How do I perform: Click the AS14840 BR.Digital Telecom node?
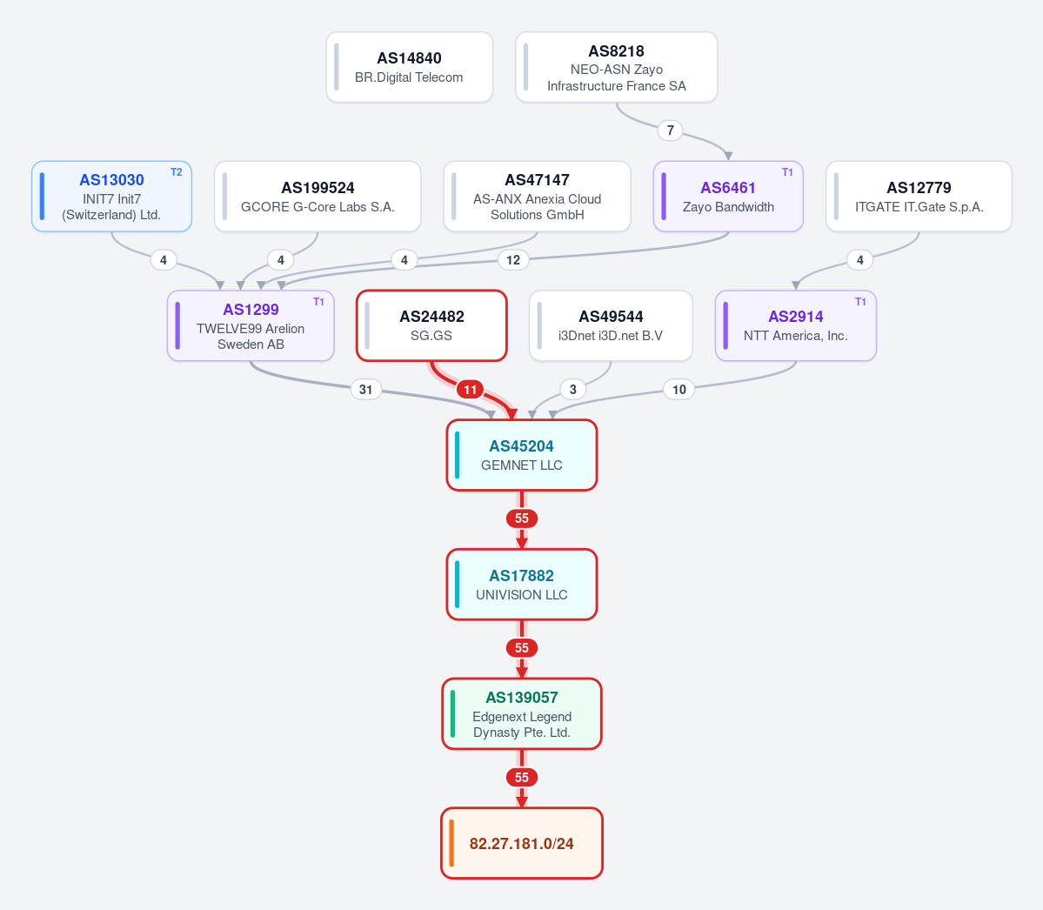click(409, 67)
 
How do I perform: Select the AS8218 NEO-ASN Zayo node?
click(617, 67)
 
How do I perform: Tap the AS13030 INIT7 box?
click(111, 197)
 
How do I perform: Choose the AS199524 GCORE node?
click(318, 197)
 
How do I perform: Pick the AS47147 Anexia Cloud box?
click(537, 197)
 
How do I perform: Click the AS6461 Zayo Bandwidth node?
click(728, 197)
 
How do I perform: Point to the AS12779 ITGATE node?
click(919, 197)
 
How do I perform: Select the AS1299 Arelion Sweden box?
click(251, 326)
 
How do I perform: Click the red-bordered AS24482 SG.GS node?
click(431, 326)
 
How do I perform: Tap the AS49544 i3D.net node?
click(611, 326)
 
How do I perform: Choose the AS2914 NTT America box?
click(796, 326)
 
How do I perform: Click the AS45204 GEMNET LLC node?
click(522, 455)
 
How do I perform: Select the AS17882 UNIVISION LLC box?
click(522, 585)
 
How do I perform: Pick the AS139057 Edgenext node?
click(522, 713)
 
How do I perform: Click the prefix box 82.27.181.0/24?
click(522, 844)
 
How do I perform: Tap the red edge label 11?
click(471, 389)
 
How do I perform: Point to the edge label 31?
click(366, 389)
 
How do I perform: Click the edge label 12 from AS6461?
click(513, 260)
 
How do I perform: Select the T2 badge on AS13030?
click(177, 172)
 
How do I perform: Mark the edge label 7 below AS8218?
click(671, 130)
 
